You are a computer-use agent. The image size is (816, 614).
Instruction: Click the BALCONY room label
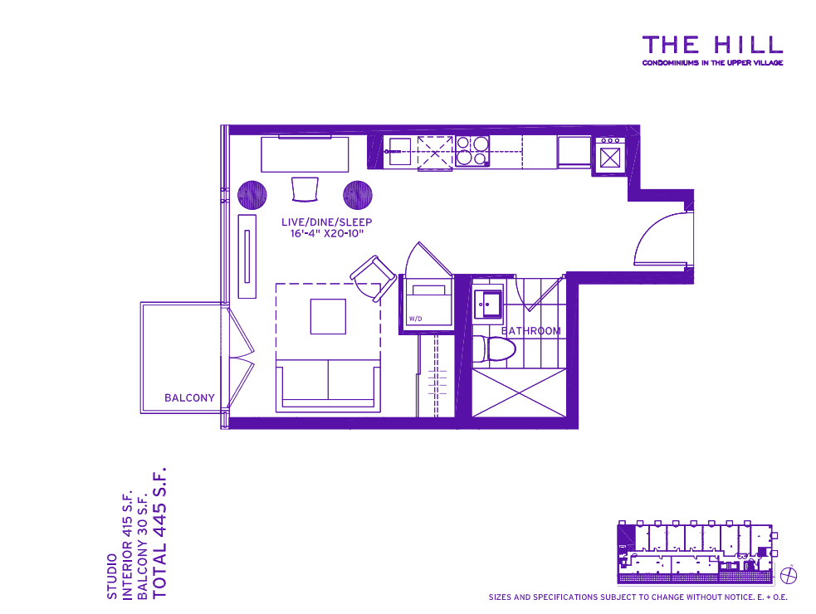pyautogui.click(x=189, y=398)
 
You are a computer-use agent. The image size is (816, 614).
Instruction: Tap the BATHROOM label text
pyautogui.click(x=530, y=331)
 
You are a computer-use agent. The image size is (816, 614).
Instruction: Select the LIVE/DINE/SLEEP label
pyautogui.click(x=327, y=222)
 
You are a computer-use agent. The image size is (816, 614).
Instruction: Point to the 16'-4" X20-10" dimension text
pyautogui.click(x=327, y=234)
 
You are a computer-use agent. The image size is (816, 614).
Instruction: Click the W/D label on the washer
pyautogui.click(x=415, y=319)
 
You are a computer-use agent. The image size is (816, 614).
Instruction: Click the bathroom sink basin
pyautogui.click(x=488, y=304)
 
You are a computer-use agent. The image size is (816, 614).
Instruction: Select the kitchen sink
pyautogui.click(x=399, y=151)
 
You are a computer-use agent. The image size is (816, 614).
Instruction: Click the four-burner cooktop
pyautogui.click(x=472, y=151)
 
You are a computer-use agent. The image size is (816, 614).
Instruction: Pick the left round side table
pyautogui.click(x=252, y=195)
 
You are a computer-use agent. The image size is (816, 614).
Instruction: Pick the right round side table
pyautogui.click(x=358, y=195)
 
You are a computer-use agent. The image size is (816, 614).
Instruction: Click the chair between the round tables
pyautogui.click(x=305, y=189)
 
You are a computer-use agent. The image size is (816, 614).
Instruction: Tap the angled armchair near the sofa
pyautogui.click(x=373, y=278)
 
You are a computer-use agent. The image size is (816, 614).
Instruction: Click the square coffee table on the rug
pyautogui.click(x=328, y=316)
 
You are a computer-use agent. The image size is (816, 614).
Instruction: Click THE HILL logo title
pyautogui.click(x=712, y=45)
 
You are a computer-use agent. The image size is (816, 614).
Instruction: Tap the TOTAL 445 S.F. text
pyautogui.click(x=159, y=534)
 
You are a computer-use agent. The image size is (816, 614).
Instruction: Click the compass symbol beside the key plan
pyautogui.click(x=789, y=576)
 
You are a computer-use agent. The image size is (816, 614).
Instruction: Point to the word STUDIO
pyautogui.click(x=112, y=577)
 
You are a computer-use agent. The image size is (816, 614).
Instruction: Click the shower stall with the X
pyautogui.click(x=518, y=392)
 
